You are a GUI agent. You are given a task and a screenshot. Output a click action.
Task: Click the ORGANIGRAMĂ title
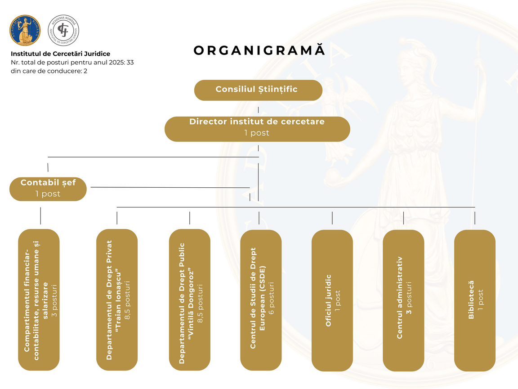point(259,50)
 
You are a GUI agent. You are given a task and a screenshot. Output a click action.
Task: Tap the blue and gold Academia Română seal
point(25,30)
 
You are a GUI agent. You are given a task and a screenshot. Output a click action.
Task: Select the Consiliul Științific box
point(258,90)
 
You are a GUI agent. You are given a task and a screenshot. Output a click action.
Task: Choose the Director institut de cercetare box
point(257,128)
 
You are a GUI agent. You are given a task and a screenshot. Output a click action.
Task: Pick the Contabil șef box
point(48,189)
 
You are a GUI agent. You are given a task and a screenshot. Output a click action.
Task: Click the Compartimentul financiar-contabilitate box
point(39,299)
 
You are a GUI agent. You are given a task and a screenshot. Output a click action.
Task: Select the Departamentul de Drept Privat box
point(117,299)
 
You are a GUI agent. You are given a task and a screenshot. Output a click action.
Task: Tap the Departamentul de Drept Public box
point(189,299)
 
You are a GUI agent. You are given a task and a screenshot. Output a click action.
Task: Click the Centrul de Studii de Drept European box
point(261,299)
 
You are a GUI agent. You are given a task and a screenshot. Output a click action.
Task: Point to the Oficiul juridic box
point(332,299)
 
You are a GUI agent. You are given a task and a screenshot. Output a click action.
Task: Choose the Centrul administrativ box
point(403,299)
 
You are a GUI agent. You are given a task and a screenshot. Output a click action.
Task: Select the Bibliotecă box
point(475,299)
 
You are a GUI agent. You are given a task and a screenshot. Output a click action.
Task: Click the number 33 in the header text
point(130,62)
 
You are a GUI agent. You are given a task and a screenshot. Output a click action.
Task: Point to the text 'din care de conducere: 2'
point(49,71)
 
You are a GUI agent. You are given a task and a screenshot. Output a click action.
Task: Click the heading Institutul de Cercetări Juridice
point(60,54)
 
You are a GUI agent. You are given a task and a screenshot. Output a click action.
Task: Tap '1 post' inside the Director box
point(257,133)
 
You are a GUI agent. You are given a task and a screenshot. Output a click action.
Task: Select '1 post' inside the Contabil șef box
point(48,194)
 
